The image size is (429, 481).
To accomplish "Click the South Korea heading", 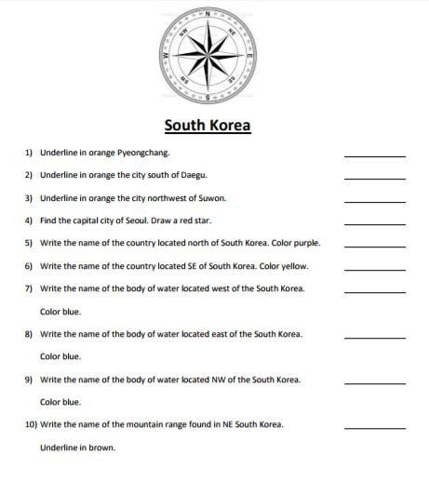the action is pos(208,125).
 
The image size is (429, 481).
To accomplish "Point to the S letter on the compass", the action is pos(207,98).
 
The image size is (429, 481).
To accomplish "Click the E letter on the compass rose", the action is pos(249,56).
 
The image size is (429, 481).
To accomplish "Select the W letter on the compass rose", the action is pos(165,56).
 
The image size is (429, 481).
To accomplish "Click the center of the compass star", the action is pos(207,56).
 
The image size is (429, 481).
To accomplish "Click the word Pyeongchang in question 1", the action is pos(142,153).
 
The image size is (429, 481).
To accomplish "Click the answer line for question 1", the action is pos(374,156).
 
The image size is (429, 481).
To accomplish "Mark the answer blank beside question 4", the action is pos(374,224).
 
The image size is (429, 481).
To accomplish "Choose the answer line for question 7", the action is pos(374,292).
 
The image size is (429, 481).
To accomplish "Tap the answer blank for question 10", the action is pos(374,428).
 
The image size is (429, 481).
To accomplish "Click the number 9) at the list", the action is pos(29,380).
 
